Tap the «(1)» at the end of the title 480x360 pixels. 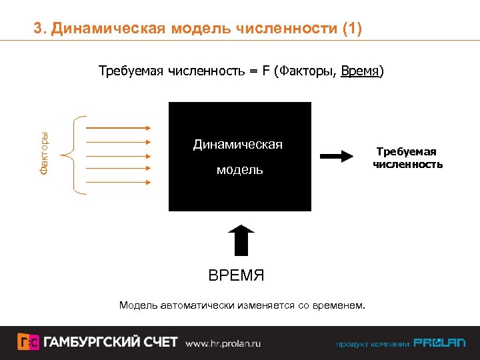(351, 29)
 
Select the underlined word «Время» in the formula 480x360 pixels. (359, 71)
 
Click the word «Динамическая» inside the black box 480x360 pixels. (238, 145)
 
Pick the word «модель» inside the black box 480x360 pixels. (239, 170)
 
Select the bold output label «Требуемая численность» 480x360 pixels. (407, 158)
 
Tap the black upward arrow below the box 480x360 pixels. (241, 240)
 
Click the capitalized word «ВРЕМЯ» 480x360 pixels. (236, 275)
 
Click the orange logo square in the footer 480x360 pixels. (28, 342)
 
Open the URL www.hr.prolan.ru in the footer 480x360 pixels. (223, 343)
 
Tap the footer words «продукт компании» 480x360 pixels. (372, 344)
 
